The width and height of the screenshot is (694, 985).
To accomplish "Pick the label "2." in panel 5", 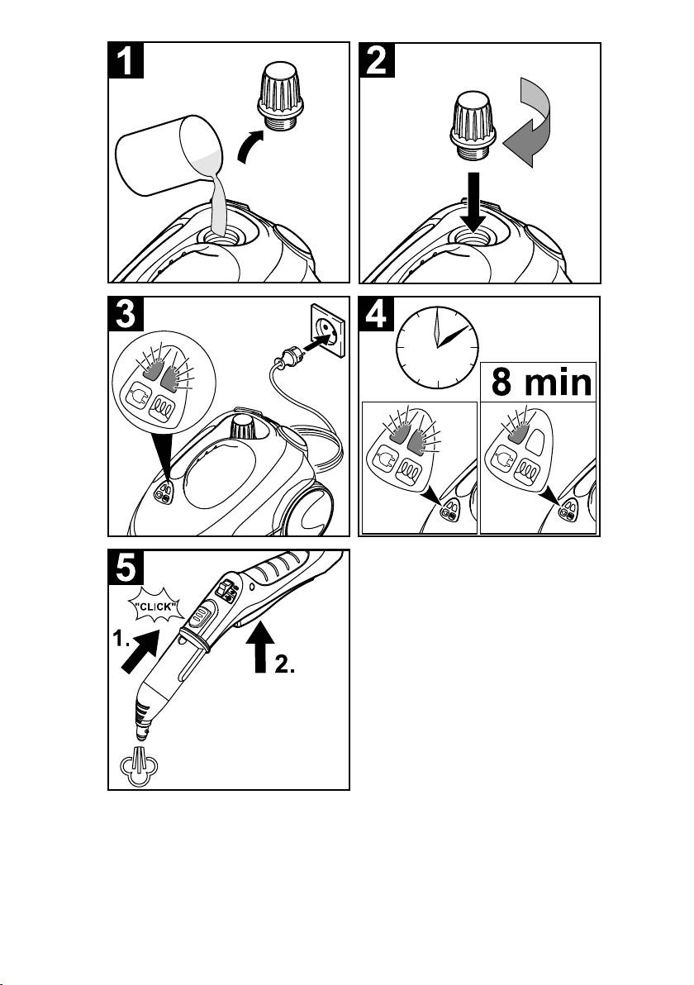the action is (284, 669).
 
